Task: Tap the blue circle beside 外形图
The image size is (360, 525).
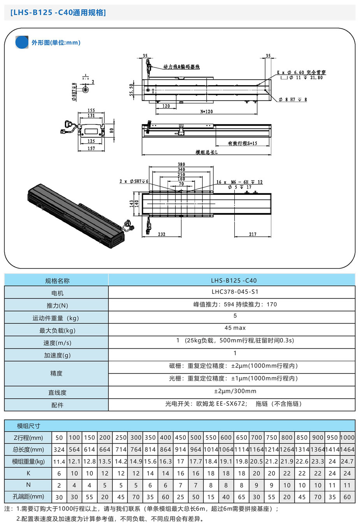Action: point(22,42)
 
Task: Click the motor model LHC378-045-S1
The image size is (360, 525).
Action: point(235,292)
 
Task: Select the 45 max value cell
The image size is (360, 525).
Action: point(235,328)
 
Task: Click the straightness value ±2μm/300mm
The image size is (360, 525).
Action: point(235,391)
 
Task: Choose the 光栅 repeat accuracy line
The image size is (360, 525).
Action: point(233,378)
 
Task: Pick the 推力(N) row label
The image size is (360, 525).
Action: point(57,306)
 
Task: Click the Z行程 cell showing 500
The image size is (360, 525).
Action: point(196,437)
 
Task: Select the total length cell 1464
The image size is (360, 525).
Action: point(347,450)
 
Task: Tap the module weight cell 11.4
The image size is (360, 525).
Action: point(59,462)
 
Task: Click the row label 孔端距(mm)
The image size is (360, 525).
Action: point(28,497)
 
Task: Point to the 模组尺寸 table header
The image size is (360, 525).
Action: point(28,426)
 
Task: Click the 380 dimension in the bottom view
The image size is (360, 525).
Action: point(181,164)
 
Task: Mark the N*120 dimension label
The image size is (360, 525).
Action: point(206,112)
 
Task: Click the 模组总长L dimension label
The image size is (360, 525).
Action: point(206,152)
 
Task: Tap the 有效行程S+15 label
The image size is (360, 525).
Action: point(242,143)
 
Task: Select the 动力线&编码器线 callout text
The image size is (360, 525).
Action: point(181,67)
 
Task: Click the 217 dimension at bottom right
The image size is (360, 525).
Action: point(253,234)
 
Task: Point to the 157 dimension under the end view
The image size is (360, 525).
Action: point(91,149)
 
